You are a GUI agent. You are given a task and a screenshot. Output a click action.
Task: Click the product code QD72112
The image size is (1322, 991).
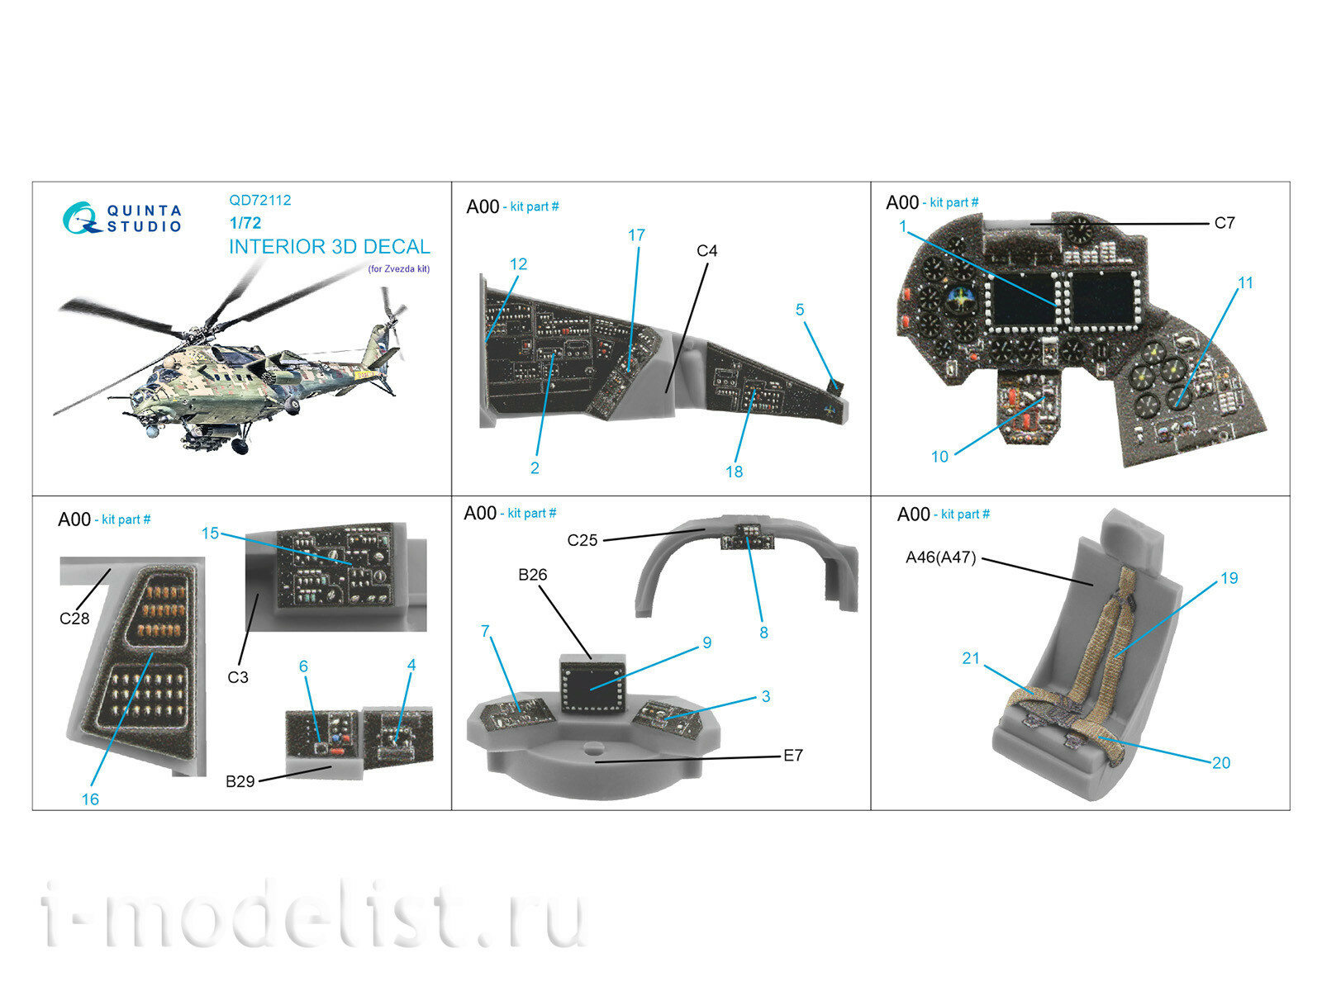[x=259, y=201]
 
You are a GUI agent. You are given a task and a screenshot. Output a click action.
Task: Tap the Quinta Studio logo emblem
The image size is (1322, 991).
[x=81, y=218]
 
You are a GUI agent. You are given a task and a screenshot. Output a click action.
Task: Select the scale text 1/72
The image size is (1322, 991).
[x=245, y=223]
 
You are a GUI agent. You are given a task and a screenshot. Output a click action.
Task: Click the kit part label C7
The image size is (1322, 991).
[x=1225, y=223]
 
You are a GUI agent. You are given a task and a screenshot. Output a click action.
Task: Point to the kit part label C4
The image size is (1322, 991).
[x=707, y=251]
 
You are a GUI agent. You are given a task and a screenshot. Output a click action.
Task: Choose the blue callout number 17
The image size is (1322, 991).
[x=636, y=235]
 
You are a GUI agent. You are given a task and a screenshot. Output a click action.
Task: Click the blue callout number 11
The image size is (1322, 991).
[x=1245, y=282]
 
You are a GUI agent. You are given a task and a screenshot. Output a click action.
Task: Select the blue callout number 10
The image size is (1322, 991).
[x=939, y=457]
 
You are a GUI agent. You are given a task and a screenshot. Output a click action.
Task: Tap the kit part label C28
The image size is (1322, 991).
[x=74, y=619]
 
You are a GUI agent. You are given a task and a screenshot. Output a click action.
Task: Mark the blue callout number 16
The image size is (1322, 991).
[x=90, y=799]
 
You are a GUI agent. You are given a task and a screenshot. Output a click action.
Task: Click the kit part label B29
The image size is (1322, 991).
[x=240, y=781]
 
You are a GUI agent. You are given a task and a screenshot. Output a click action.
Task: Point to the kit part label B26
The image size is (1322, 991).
[x=533, y=576]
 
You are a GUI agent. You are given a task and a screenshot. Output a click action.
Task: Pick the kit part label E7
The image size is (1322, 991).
[x=793, y=756]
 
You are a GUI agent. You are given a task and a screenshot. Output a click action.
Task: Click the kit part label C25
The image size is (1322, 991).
[x=583, y=540]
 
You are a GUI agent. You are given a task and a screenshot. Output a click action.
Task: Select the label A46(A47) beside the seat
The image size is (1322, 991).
[x=941, y=557]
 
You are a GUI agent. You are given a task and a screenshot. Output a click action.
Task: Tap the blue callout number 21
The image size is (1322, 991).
[x=971, y=659]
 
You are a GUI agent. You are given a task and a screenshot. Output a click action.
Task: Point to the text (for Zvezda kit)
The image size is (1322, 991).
[x=399, y=269]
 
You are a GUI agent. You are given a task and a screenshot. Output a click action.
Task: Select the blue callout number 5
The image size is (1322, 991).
[x=800, y=310]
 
